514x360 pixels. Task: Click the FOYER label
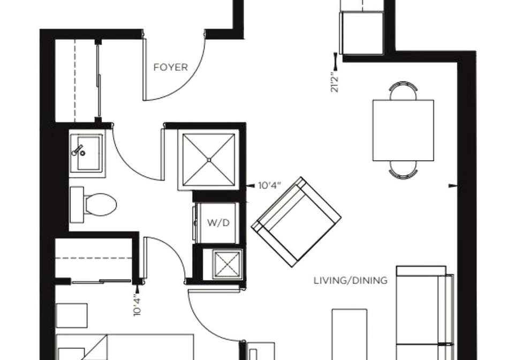[170, 67]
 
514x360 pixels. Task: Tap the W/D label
[218, 223]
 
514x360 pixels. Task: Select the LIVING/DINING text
[350, 281]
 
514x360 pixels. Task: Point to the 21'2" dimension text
[335, 82]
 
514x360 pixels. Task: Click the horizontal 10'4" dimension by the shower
[270, 186]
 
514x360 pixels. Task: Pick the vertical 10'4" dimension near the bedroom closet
[137, 306]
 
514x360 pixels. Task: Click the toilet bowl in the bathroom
[100, 205]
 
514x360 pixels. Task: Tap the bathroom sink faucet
[79, 151]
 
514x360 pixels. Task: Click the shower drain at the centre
[209, 160]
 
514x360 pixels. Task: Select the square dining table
[403, 130]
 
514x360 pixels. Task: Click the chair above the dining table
[404, 90]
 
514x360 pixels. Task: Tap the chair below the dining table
[404, 170]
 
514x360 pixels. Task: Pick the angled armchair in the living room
[296, 222]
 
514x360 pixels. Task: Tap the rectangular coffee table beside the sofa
[350, 334]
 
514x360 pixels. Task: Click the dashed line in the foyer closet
[75, 80]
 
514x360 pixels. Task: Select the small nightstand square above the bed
[72, 316]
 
